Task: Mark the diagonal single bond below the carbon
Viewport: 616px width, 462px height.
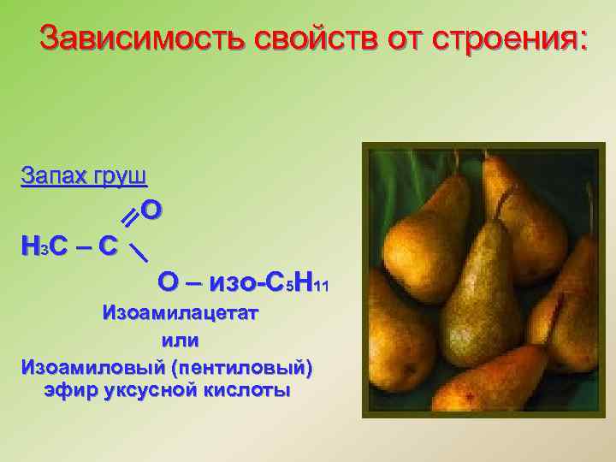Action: tap(137, 251)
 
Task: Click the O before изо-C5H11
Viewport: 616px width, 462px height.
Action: tap(168, 282)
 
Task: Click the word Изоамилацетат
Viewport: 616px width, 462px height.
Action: tap(181, 312)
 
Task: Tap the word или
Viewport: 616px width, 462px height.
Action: tap(181, 340)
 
